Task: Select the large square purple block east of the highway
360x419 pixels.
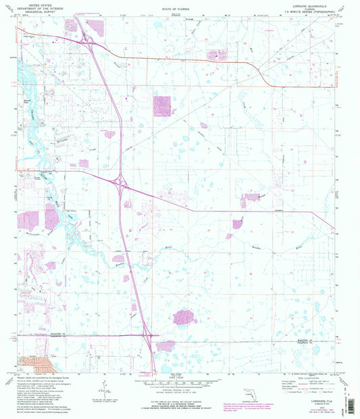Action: click(162, 105)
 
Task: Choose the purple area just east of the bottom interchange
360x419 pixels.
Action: click(166, 346)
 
